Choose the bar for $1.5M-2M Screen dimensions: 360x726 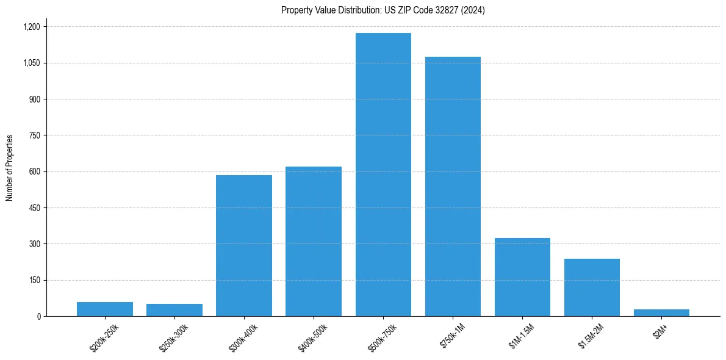point(592,287)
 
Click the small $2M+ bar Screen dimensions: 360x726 point(661,312)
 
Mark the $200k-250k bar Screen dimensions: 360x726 point(105,309)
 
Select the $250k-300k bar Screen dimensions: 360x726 point(174,310)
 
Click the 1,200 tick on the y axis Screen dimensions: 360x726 point(31,27)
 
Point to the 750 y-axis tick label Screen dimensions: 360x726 point(35,135)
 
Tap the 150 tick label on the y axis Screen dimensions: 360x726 point(35,280)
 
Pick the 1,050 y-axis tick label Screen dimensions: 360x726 point(31,63)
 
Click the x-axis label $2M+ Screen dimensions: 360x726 point(659,332)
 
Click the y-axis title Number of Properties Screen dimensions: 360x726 point(9,167)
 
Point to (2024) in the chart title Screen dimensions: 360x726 point(473,10)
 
